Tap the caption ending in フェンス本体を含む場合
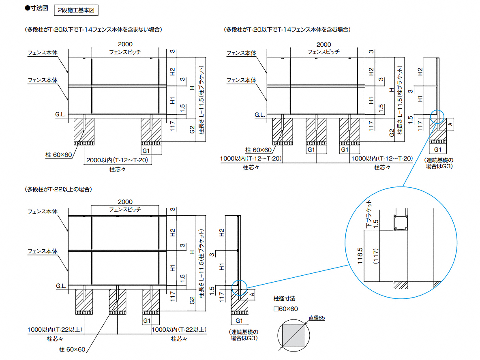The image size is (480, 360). (x=287, y=30)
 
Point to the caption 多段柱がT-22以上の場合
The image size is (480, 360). (x=58, y=189)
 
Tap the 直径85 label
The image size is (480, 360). (x=317, y=318)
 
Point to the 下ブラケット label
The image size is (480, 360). (x=369, y=213)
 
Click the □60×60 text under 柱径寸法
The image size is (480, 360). (x=286, y=309)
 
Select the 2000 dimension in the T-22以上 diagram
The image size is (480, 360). (x=125, y=202)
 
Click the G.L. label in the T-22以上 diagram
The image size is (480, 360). (x=61, y=286)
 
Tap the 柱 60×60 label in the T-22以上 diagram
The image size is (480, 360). (x=72, y=349)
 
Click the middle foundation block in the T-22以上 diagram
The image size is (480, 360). (x=117, y=300)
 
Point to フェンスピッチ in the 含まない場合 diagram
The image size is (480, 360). (x=125, y=52)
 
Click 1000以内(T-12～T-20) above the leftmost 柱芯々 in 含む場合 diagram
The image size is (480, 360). (x=251, y=159)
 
